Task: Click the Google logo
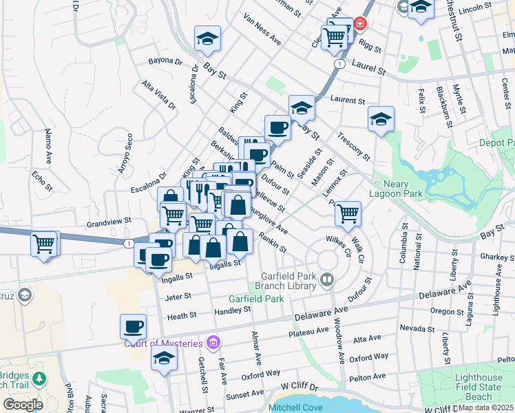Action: [23, 405]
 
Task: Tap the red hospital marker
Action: [359, 25]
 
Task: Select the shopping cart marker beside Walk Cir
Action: [348, 213]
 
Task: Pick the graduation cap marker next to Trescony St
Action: [380, 119]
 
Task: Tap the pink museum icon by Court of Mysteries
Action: [213, 342]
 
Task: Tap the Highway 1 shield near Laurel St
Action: [339, 63]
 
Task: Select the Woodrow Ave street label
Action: [340, 349]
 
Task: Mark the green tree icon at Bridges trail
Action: [40, 378]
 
